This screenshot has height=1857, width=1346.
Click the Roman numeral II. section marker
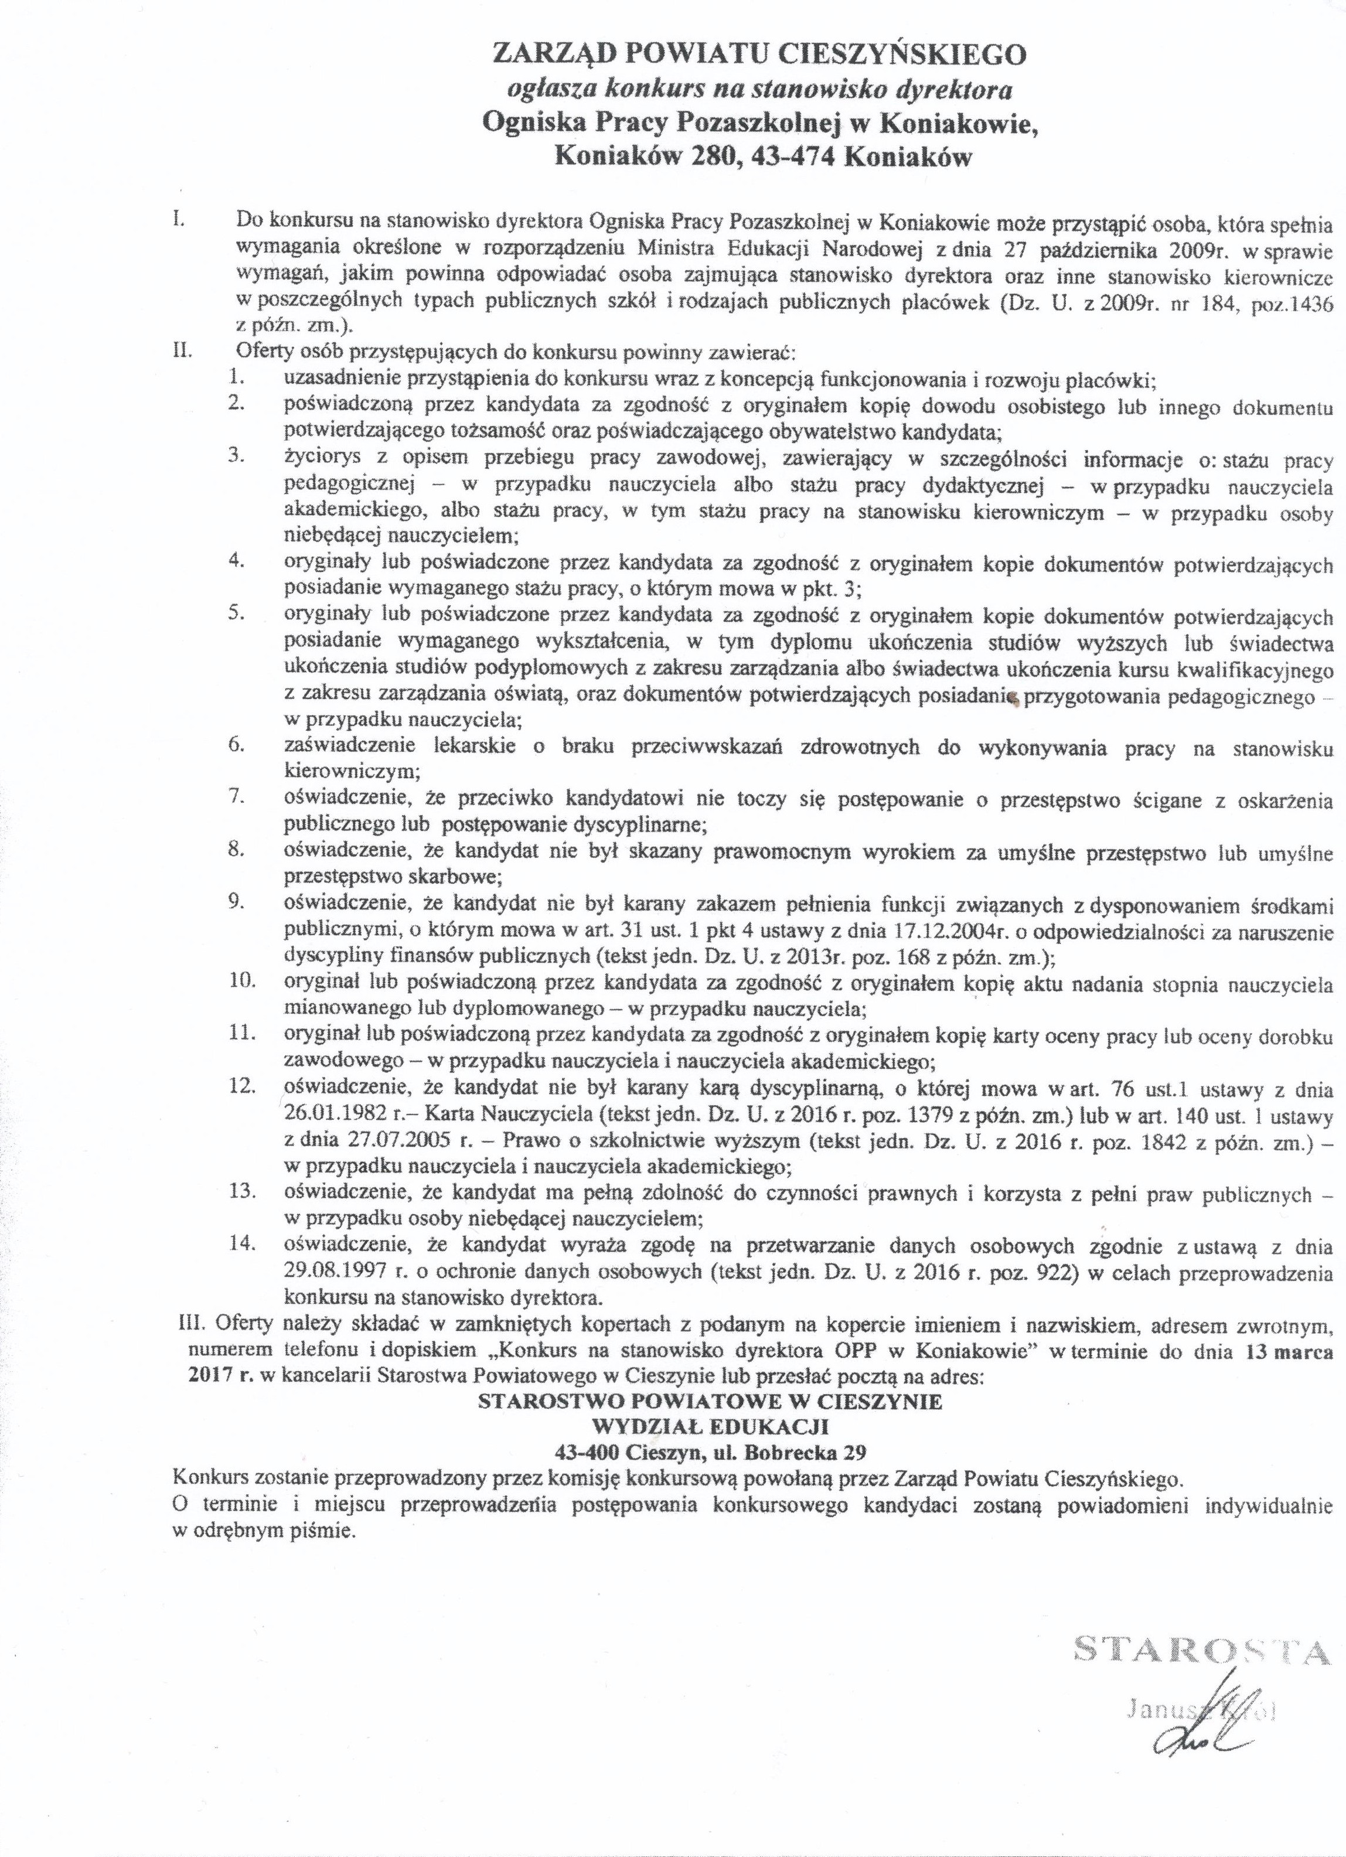pyautogui.click(x=182, y=354)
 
